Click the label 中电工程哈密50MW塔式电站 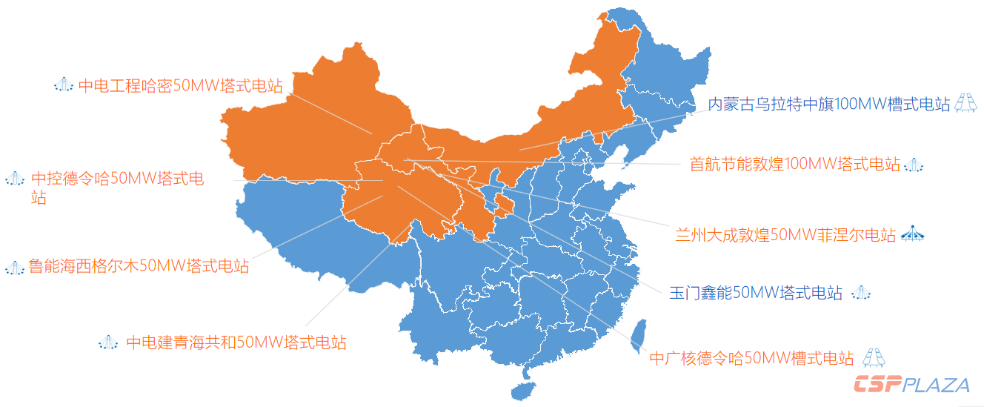[180, 86]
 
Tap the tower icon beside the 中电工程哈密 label [64, 85]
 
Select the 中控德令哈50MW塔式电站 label [117, 179]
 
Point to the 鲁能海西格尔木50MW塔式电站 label [139, 266]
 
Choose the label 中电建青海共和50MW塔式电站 [236, 343]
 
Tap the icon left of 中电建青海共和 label [108, 342]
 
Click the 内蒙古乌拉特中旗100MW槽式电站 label [828, 105]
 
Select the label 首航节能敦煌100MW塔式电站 [794, 164]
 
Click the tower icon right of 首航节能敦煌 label [914, 165]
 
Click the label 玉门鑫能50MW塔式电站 [756, 294]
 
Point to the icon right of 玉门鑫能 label [860, 293]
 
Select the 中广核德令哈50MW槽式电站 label [751, 359]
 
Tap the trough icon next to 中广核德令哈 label [873, 357]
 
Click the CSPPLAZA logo [911, 385]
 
